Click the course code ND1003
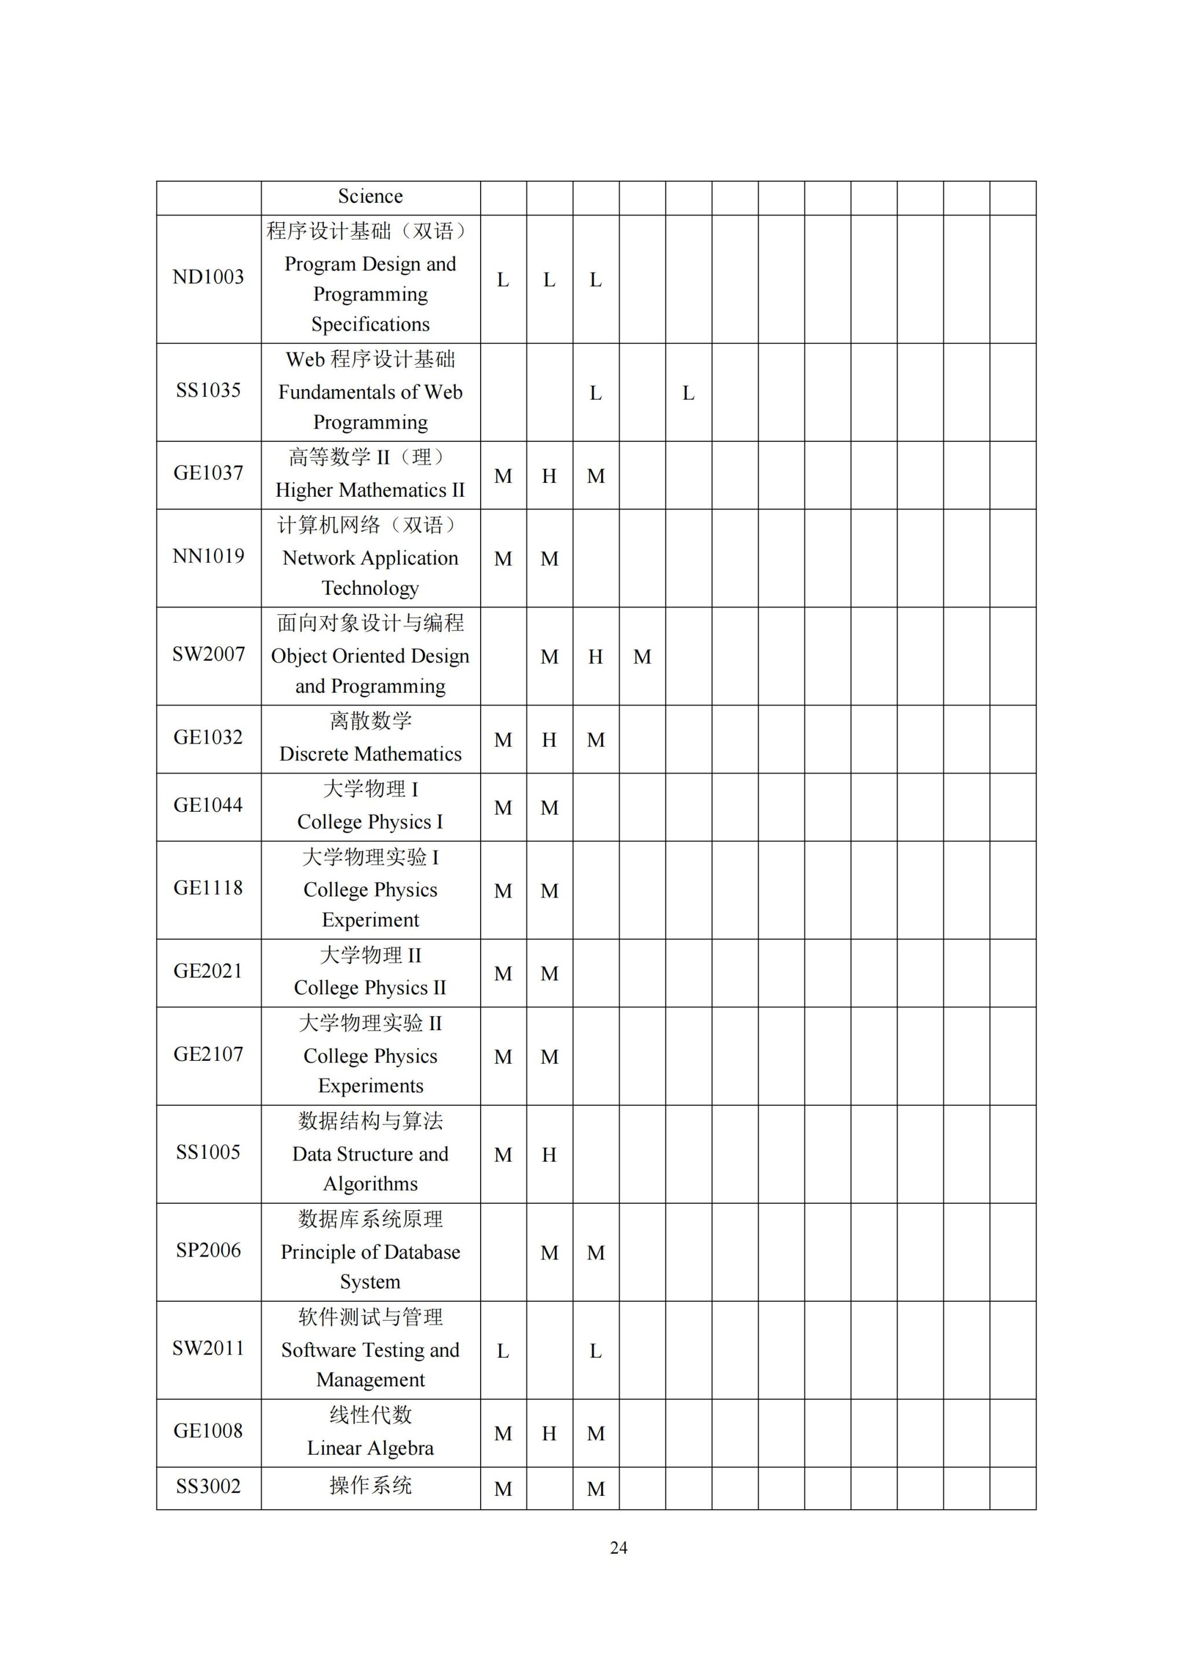[208, 277]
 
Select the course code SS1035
[208, 391]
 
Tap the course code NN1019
[208, 556]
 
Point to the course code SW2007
[208, 654]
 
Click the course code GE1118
[208, 888]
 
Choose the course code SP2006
[208, 1250]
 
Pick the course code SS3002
[208, 1486]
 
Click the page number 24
[618, 1548]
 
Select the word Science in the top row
[370, 196]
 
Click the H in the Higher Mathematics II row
[549, 476]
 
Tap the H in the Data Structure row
[549, 1155]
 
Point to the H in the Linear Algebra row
[549, 1434]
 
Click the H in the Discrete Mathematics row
[549, 740]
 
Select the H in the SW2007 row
[596, 657]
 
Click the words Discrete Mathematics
[370, 754]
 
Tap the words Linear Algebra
[370, 1448]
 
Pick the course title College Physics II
[370, 987]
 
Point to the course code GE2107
[208, 1054]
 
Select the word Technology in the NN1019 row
[370, 588]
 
